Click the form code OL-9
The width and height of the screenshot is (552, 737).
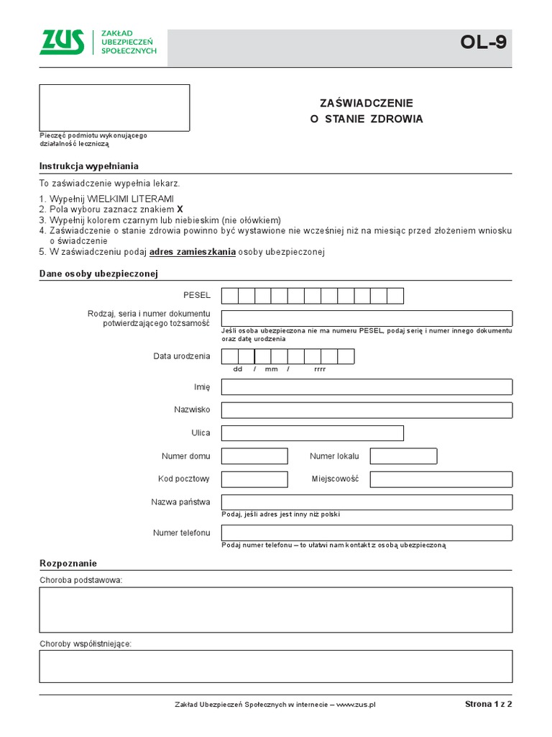483,42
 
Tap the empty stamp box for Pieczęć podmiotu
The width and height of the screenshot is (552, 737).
114,108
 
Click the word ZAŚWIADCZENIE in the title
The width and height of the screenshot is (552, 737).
367,103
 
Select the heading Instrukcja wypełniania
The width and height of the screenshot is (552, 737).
88,166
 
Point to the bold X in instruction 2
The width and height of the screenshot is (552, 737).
180,209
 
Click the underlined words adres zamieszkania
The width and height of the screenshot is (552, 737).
193,252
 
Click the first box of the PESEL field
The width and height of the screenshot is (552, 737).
230,296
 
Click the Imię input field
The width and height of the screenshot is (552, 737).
367,387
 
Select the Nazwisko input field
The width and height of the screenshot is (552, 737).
367,410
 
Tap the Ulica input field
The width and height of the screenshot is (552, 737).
312,433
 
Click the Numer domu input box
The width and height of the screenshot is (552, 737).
254,456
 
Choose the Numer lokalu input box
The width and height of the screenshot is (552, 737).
403,456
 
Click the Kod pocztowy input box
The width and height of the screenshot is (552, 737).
254,479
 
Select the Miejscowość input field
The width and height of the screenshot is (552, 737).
441,479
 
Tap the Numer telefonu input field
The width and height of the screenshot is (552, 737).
367,533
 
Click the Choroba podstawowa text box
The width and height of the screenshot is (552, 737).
276,610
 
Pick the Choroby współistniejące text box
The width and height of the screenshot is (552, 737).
276,666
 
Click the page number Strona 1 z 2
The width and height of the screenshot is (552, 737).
489,704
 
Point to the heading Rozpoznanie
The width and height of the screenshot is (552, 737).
68,563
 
